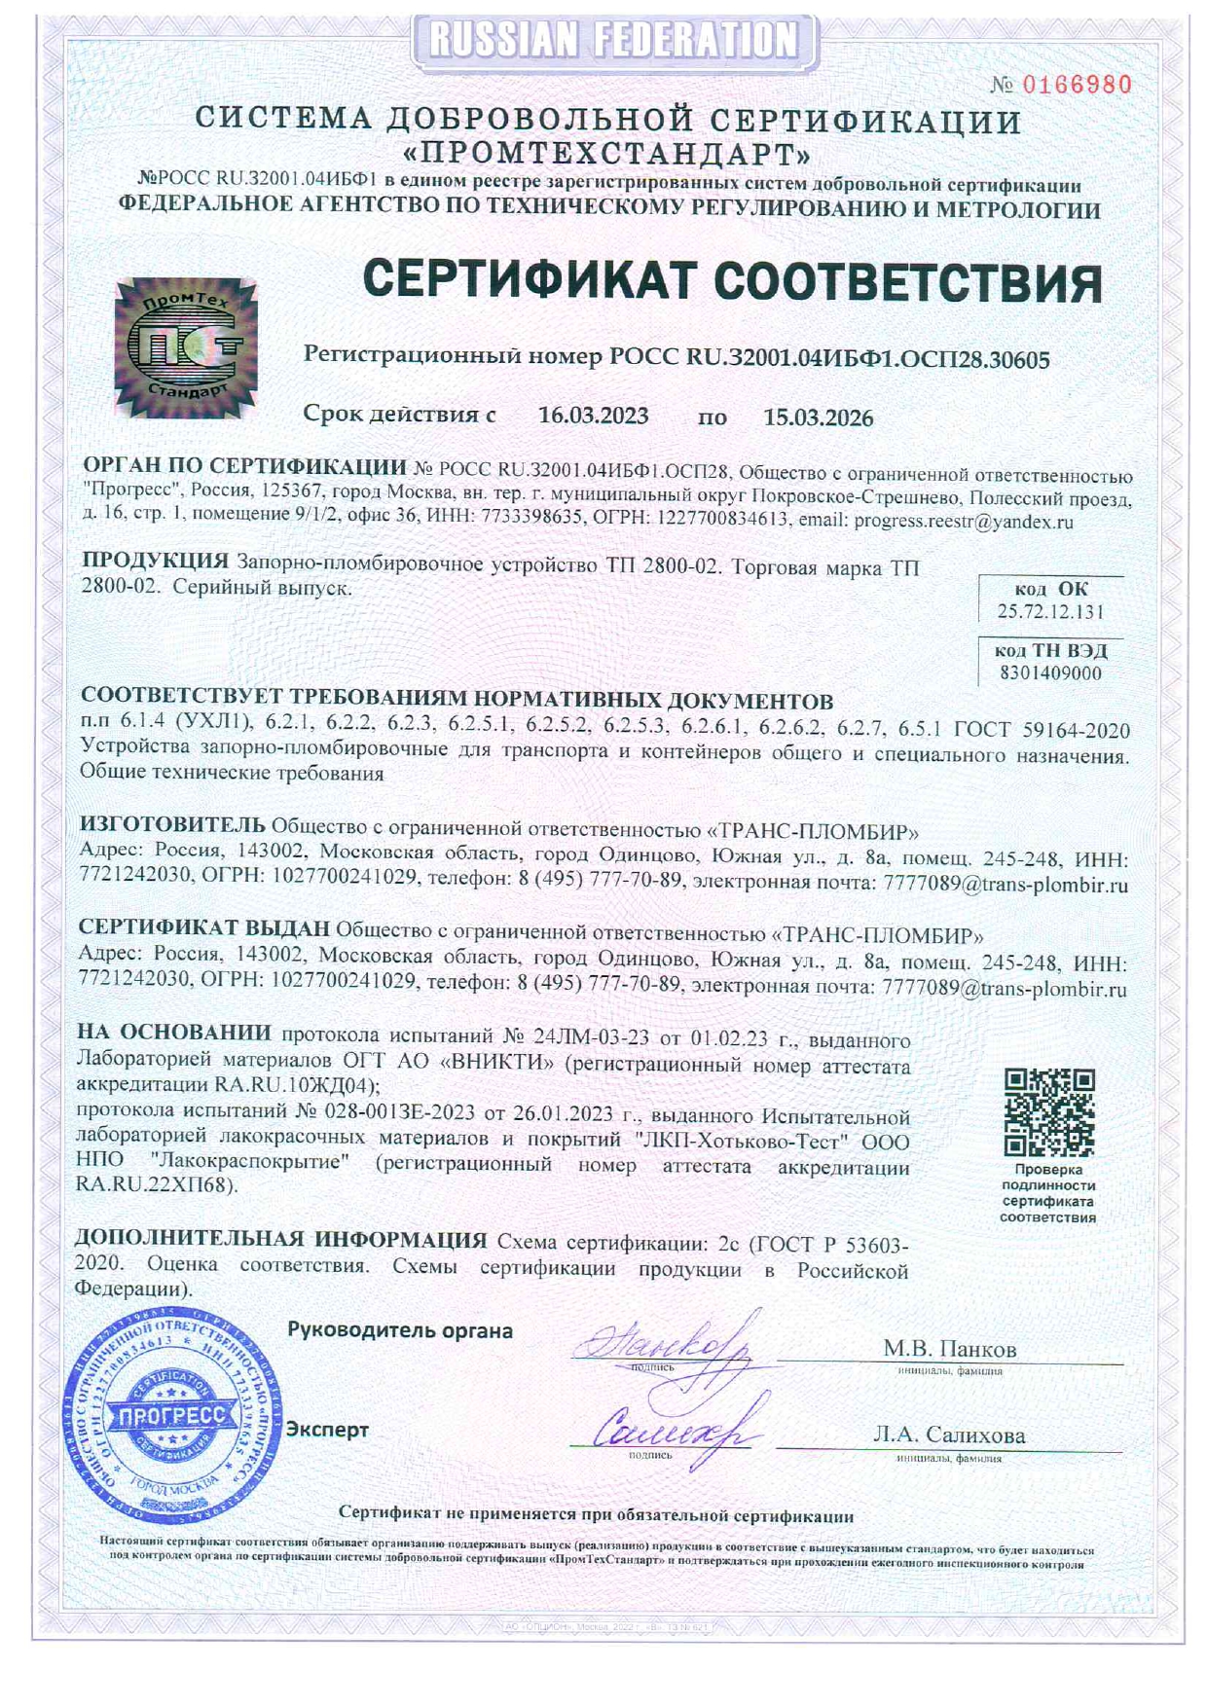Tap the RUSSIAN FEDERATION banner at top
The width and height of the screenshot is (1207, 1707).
(613, 41)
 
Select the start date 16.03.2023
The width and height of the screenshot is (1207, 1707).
(593, 417)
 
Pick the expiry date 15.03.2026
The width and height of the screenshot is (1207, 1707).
(818, 418)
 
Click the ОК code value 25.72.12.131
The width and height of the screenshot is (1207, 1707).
(1050, 611)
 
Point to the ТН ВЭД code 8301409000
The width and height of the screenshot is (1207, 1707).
(1050, 672)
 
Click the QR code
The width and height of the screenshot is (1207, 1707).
(1049, 1112)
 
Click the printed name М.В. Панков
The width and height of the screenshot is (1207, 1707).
(949, 1349)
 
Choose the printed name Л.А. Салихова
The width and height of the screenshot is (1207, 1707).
(949, 1435)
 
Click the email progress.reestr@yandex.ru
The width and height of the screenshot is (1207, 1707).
(963, 521)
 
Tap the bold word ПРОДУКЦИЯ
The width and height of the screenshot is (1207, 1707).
(155, 561)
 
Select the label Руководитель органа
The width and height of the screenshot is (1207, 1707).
(399, 1330)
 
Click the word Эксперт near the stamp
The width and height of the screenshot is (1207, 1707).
(327, 1430)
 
